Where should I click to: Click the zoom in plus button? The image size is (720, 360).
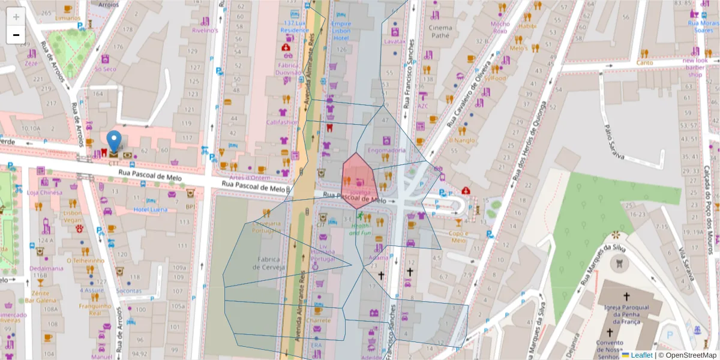click(x=16, y=17)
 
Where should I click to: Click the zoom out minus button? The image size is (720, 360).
click(x=16, y=35)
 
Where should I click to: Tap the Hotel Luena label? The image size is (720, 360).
click(x=150, y=209)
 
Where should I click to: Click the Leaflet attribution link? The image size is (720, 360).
click(x=641, y=355)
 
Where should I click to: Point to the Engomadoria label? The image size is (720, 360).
click(x=386, y=150)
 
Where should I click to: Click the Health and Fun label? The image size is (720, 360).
click(x=361, y=229)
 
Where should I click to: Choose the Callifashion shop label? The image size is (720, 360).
click(x=282, y=122)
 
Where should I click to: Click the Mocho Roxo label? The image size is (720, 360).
click(x=500, y=27)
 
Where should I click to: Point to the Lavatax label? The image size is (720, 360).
click(x=395, y=41)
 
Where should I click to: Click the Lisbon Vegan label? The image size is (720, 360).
click(x=73, y=217)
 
